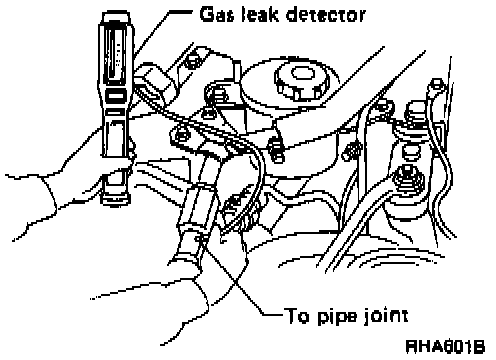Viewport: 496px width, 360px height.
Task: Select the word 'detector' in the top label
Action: pos(326,15)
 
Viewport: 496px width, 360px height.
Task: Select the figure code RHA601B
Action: pos(445,347)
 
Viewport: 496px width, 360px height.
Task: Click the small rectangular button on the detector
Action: pos(116,96)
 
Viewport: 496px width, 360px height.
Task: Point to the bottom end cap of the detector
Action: pos(116,199)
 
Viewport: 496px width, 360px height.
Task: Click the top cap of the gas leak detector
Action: pos(116,17)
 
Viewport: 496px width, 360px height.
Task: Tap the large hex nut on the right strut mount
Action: pos(406,176)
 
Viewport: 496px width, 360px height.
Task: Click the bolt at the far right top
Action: pos(437,86)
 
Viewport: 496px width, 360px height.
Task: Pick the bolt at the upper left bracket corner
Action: pos(192,61)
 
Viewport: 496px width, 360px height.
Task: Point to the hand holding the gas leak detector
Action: pos(67,187)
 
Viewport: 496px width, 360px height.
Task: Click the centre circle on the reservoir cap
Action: pos(303,73)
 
